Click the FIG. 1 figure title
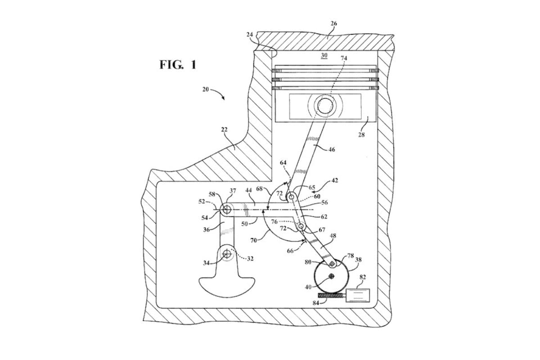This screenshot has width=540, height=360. pyautogui.click(x=178, y=65)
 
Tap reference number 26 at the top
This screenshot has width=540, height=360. pyautogui.click(x=333, y=24)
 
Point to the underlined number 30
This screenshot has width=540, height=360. pyautogui.click(x=324, y=55)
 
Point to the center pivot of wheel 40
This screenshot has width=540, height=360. pyautogui.click(x=332, y=276)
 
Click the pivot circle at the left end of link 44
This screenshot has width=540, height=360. pyautogui.click(x=226, y=209)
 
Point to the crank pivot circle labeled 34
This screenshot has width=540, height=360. pyautogui.click(x=226, y=255)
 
